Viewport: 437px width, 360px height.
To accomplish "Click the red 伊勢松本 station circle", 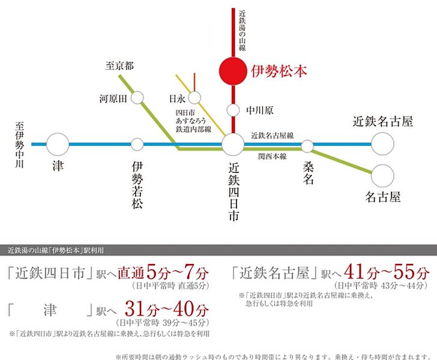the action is [232, 70].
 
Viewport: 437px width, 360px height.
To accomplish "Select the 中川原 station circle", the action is [232, 110].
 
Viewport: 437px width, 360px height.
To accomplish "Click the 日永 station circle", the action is [195, 97].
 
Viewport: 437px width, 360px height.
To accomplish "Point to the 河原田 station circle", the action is [137, 97].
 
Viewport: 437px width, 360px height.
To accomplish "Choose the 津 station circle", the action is [58, 144].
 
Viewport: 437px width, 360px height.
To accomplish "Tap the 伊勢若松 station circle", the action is [137, 144].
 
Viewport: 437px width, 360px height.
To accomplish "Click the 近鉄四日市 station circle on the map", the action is [232, 145].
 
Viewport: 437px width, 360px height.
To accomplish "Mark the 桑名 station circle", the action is [307, 146].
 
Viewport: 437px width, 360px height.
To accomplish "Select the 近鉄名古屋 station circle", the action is [382, 144].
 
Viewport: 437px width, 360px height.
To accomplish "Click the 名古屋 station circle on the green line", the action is [382, 175].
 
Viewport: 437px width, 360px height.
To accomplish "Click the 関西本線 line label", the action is [270, 157].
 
